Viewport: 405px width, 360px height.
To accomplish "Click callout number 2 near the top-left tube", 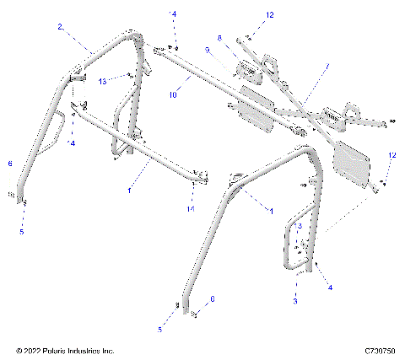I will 61,27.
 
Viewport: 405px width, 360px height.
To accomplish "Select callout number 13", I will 101,81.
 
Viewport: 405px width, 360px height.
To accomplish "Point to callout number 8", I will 219,38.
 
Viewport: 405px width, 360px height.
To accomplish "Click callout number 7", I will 328,66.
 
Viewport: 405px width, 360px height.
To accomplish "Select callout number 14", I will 192,207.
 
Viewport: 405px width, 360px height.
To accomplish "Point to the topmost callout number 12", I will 247,15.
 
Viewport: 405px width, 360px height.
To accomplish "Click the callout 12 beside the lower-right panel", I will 391,156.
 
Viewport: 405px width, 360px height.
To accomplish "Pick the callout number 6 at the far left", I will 9,164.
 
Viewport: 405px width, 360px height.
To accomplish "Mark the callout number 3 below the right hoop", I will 295,300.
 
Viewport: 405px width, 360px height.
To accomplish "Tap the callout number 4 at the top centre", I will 175,15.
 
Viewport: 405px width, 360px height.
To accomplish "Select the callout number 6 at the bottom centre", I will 212,298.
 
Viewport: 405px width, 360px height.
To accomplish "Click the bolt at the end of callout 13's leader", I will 127,75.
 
